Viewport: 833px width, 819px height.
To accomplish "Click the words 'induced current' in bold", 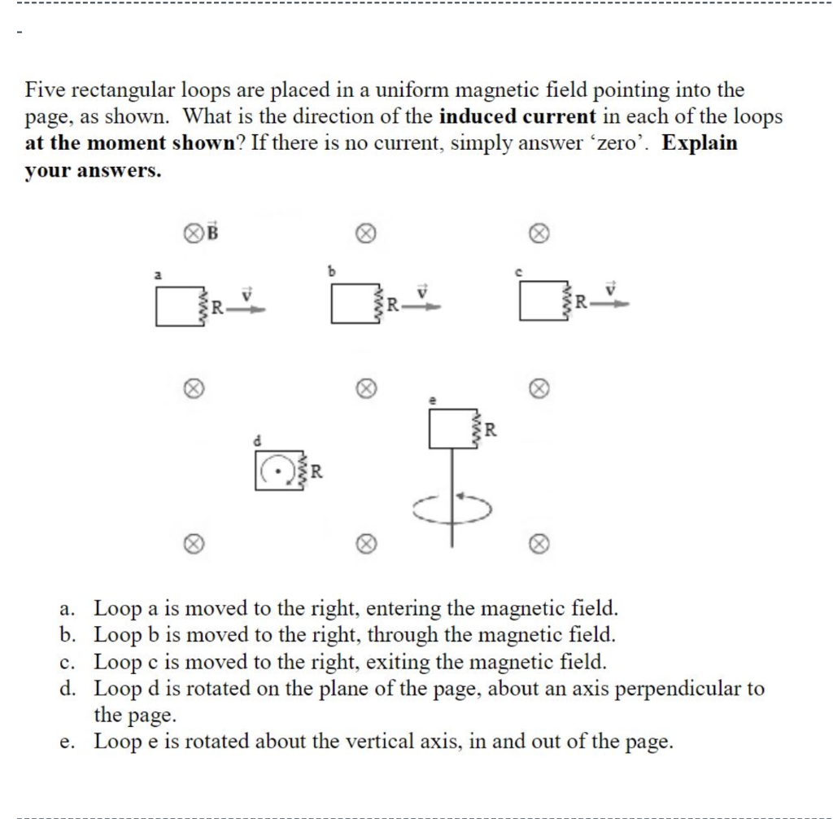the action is [x=517, y=116].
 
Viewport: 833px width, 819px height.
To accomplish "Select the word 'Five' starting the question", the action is [x=46, y=90].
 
